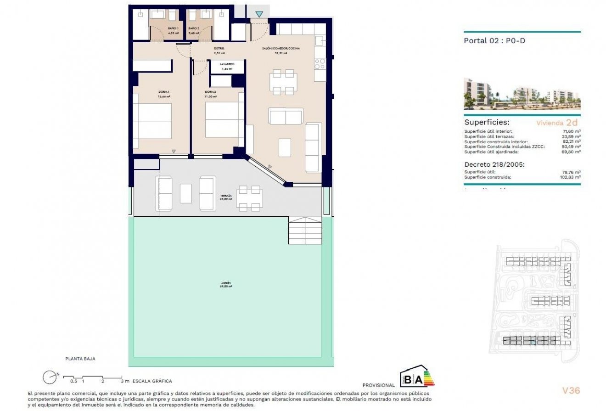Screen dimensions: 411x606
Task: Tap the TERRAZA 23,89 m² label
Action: pos(225,197)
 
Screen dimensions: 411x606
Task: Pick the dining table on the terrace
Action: pos(249,197)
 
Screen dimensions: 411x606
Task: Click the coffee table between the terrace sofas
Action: pos(186,193)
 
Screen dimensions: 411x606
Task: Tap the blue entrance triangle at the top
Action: pos(259,14)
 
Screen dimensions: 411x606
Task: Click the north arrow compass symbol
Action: pos(50,377)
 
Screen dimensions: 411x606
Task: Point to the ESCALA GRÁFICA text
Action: pos(152,381)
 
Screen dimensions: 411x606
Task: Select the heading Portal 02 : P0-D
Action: pos(494,41)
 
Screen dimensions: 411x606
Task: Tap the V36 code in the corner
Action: pos(571,391)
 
